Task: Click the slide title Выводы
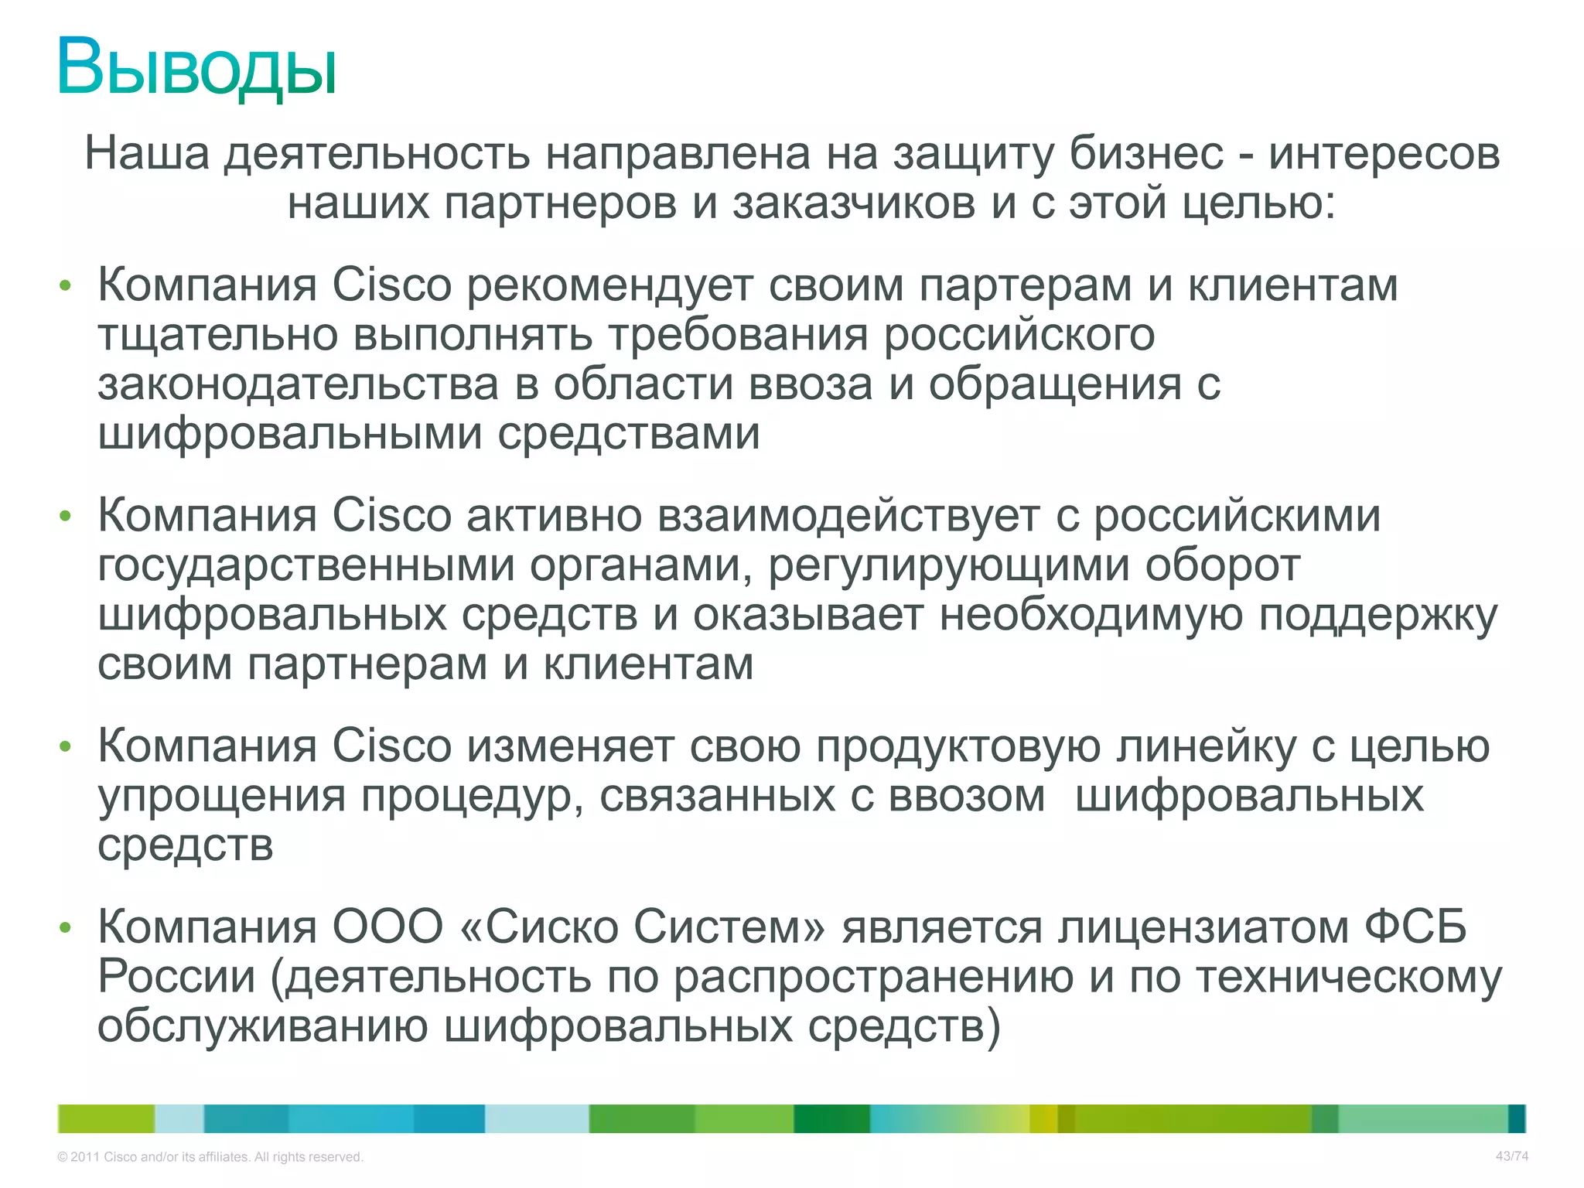tap(197, 68)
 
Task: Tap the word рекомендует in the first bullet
tap(609, 285)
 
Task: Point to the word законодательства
tap(298, 384)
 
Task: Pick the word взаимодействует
tap(848, 516)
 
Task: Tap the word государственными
tap(306, 565)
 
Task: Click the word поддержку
tap(1377, 616)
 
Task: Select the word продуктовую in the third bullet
tap(958, 747)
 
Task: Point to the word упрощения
tap(221, 797)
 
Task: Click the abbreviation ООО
tap(387, 927)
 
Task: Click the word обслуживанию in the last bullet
tap(263, 1027)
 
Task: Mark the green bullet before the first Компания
tap(65, 286)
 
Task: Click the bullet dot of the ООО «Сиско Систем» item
tap(65, 927)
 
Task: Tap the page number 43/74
tap(1511, 1156)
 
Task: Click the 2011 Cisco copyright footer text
tap(210, 1157)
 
